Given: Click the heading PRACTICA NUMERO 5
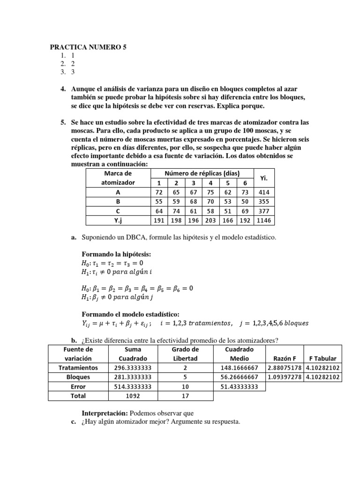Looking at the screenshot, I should [88, 47].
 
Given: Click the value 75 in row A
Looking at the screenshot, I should [210, 192].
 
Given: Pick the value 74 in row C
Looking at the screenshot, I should [176, 211].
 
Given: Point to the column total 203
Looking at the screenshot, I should [210, 220].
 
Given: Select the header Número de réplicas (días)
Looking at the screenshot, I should [202, 173].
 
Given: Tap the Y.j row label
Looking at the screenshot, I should [118, 220].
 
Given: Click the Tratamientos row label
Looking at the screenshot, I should [78, 367].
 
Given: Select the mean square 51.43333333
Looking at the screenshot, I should [239, 386].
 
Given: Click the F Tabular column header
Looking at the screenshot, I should [322, 358].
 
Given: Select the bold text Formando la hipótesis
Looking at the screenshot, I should [117, 254].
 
